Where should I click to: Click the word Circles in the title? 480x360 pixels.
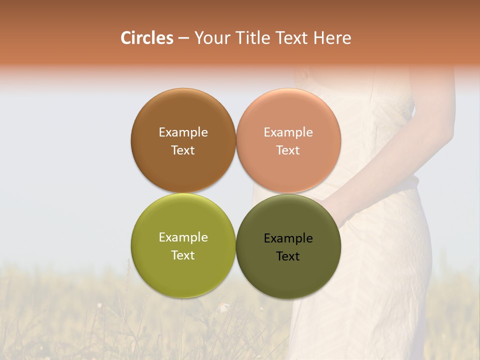click(146, 38)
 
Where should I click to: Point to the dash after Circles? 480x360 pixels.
click(183, 38)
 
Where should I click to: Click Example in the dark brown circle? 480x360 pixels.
click(183, 132)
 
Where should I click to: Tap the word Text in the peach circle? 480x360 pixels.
click(288, 150)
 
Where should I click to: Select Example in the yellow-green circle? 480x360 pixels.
click(183, 237)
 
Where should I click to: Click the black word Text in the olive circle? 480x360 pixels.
click(288, 256)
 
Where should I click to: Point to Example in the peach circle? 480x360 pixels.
click(288, 132)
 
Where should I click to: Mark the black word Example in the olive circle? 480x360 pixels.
click(288, 238)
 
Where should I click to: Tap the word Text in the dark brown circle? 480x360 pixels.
click(183, 150)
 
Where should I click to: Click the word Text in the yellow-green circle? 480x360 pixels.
click(183, 255)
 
